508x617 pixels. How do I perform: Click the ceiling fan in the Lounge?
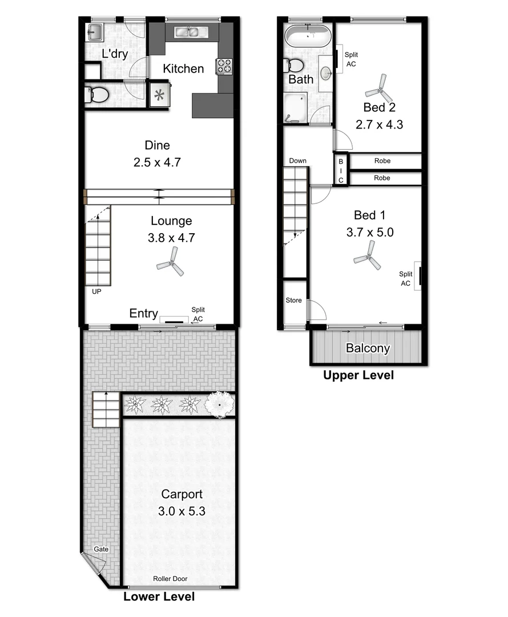pos(171,265)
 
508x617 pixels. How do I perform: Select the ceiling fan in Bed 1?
pos(368,256)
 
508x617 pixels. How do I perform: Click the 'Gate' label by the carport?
pos(101,549)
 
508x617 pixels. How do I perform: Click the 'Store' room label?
pos(294,301)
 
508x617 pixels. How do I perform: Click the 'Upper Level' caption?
pos(358,375)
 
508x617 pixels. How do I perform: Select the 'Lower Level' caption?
pos(159,597)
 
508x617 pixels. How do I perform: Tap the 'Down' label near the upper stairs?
pos(297,161)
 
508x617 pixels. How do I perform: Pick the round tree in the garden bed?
pos(219,405)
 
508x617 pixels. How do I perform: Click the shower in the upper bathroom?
pos(295,109)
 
